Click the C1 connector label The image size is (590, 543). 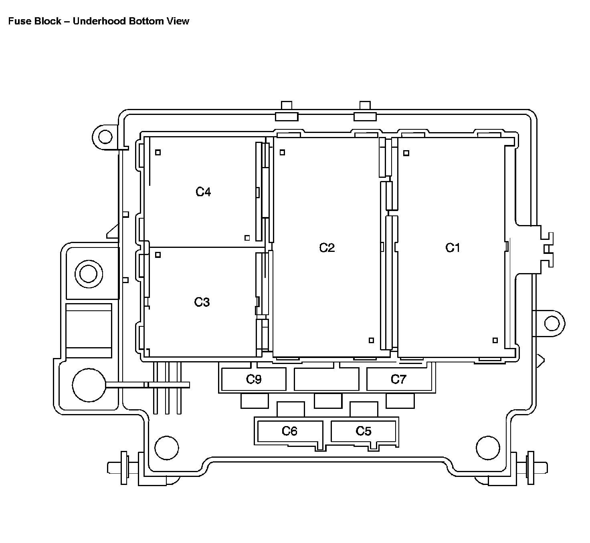pyautogui.click(x=453, y=248)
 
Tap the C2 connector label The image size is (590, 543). pyautogui.click(x=327, y=248)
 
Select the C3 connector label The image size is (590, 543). pyautogui.click(x=202, y=302)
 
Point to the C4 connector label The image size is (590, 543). pyautogui.click(x=203, y=192)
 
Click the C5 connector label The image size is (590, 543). pyautogui.click(x=364, y=431)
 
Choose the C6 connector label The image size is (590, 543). pyautogui.click(x=290, y=431)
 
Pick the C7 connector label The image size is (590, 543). pyautogui.click(x=398, y=379)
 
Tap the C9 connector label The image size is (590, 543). pyautogui.click(x=254, y=379)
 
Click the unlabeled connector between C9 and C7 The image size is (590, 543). pyautogui.click(x=327, y=379)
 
